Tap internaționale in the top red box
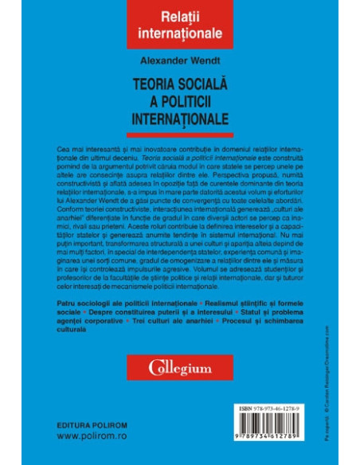click(179, 36)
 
